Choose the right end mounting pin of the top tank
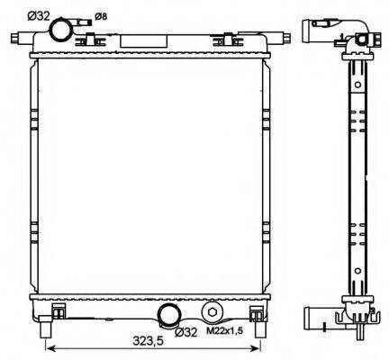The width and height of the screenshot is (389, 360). pyautogui.click(x=284, y=38)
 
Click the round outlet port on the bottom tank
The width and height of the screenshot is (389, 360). pyautogui.click(x=167, y=316)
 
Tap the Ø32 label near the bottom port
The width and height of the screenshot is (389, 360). pyautogui.click(x=185, y=332)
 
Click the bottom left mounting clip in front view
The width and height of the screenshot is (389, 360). pyautogui.click(x=59, y=312)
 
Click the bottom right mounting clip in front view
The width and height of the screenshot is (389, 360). pyautogui.click(x=258, y=312)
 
